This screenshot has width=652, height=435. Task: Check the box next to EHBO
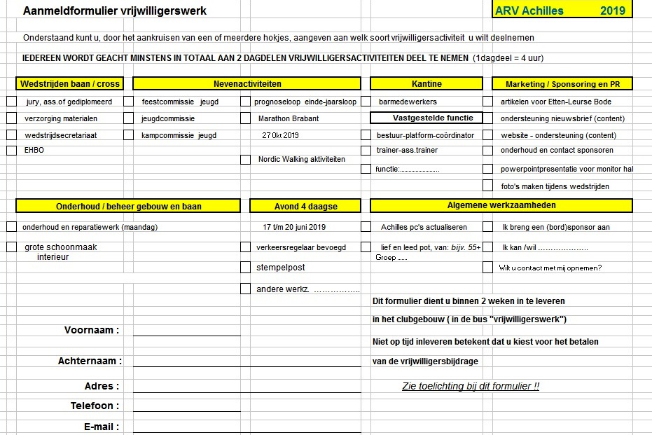[x=11, y=150]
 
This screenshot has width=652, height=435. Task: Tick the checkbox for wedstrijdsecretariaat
[x=11, y=135]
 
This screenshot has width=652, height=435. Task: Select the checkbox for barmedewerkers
[x=366, y=102]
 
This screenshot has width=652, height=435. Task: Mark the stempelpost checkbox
[x=245, y=267]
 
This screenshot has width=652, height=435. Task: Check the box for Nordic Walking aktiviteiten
[x=245, y=159]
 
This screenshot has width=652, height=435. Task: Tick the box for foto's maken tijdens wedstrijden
[x=487, y=186]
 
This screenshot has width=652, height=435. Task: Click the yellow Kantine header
[x=426, y=83]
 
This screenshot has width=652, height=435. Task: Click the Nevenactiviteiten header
[x=247, y=83]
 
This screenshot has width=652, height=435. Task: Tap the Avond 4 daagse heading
[x=305, y=206]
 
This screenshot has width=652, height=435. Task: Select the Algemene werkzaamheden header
[x=501, y=205]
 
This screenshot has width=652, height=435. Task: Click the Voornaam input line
[x=186, y=331]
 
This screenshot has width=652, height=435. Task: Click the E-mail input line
[x=186, y=427]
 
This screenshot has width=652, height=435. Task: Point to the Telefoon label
[x=95, y=406]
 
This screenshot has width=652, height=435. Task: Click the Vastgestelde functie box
[x=426, y=118]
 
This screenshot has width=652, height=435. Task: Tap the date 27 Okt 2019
[x=280, y=135]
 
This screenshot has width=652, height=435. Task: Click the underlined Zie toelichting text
[x=471, y=386]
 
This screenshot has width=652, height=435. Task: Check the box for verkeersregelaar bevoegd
[x=245, y=247]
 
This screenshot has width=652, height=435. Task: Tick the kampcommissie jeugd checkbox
[x=128, y=135]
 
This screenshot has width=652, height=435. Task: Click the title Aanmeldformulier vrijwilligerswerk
[x=115, y=11]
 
